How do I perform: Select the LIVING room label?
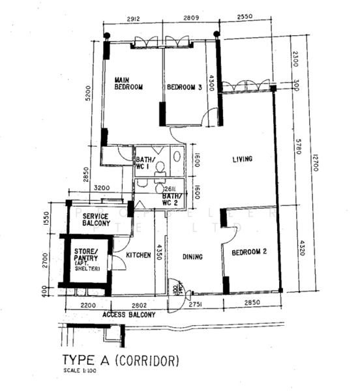click(242, 159)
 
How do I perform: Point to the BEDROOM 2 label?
click(252, 251)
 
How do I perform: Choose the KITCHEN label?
click(139, 255)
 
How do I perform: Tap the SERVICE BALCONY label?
click(96, 220)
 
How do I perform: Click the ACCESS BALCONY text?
click(129, 315)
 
